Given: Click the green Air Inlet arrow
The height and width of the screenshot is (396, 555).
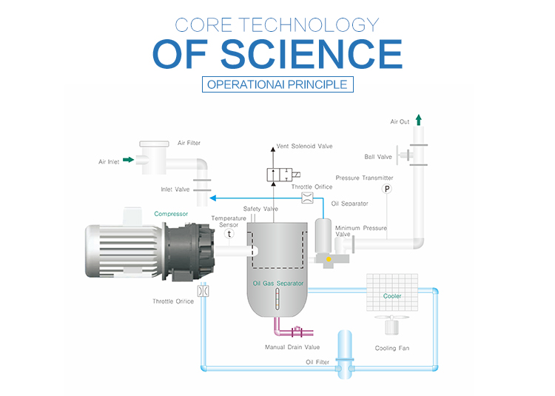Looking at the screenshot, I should click(128, 158).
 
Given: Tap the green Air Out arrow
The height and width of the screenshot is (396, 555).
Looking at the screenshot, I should click(419, 119).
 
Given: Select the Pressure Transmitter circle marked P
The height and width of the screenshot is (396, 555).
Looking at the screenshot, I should click(386, 189).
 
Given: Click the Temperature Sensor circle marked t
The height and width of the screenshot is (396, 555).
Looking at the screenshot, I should click(229, 233).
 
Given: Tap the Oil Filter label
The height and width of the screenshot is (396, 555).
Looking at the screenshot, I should click(319, 362).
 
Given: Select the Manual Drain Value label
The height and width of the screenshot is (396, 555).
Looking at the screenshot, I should click(293, 346).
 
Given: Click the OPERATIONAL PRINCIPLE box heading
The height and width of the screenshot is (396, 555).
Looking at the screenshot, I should click(277, 84).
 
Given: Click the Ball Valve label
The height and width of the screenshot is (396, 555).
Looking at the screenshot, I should click(380, 156).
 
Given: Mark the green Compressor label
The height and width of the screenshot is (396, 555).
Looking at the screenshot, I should click(171, 213).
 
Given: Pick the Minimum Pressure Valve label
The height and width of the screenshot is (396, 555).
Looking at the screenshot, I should click(360, 231).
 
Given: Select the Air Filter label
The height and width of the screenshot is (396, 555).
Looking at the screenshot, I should click(189, 143).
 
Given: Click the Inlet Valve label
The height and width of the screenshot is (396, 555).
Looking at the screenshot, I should click(175, 189).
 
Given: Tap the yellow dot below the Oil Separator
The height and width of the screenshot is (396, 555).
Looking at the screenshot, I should click(329, 258).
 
